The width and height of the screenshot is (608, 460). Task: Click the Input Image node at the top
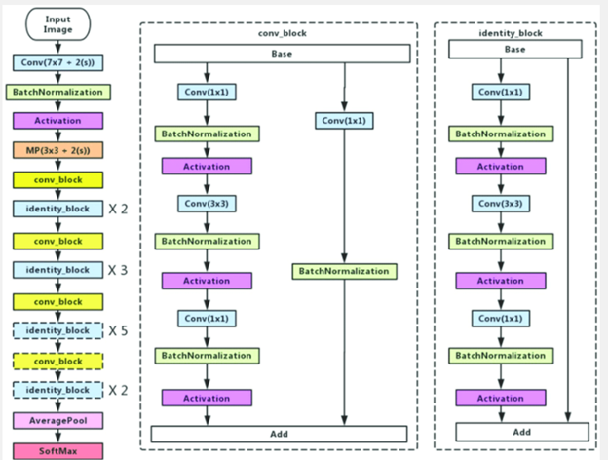(58, 23)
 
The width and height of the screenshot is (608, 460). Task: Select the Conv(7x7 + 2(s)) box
(58, 62)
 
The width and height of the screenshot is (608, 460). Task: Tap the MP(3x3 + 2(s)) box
(58, 151)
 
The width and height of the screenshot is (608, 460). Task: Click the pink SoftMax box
(58, 448)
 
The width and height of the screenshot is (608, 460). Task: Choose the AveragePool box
(58, 419)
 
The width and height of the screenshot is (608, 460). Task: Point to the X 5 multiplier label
(118, 330)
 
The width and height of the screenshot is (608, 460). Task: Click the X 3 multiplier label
(118, 270)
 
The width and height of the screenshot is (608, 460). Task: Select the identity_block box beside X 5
(58, 330)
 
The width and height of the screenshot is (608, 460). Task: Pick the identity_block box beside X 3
(58, 270)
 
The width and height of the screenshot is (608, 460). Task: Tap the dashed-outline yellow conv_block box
(58, 360)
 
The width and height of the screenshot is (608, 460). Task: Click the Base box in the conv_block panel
(281, 53)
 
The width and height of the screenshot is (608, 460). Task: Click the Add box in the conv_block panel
(281, 433)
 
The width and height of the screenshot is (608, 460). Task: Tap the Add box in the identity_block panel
(521, 431)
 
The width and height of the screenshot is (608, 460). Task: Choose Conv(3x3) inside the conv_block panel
(207, 204)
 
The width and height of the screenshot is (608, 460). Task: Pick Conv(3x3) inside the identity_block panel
(500, 204)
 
